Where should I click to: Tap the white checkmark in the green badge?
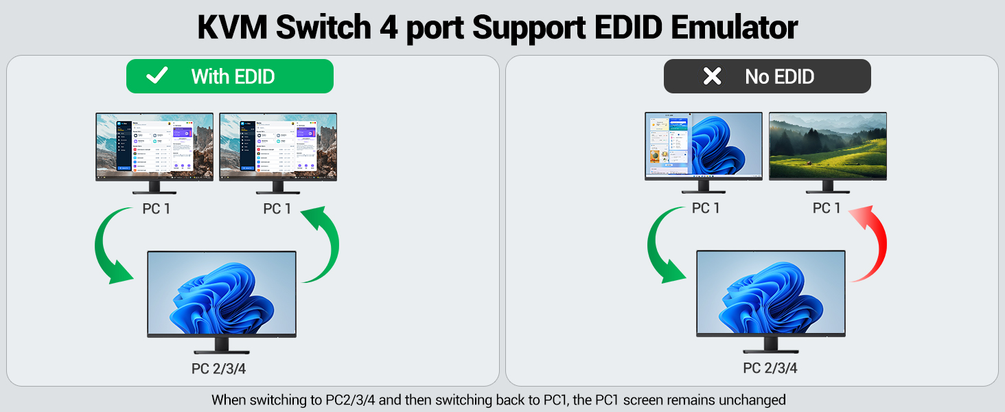[x=157, y=76]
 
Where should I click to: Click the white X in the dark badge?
[x=713, y=76]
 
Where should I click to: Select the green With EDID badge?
[x=229, y=76]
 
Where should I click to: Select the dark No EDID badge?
[x=767, y=76]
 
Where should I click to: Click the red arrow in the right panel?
[x=870, y=244]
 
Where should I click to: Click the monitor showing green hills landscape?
[x=827, y=146]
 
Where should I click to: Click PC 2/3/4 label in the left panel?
[x=218, y=369]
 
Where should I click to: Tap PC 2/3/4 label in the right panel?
[x=770, y=369]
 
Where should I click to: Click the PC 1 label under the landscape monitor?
[x=827, y=208]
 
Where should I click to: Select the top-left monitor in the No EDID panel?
[x=704, y=146]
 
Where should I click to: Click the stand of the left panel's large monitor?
[x=222, y=345]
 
